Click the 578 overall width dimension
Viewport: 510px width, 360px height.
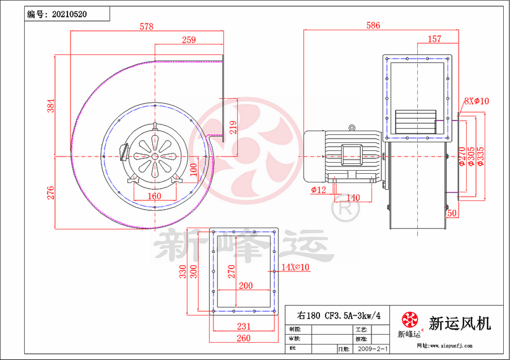[x=146, y=27]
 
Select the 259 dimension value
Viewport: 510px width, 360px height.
[x=189, y=40]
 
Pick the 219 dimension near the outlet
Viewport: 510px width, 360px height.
[x=233, y=127]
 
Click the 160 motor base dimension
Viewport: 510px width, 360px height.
[x=154, y=196]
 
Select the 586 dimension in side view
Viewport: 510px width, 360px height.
[x=373, y=26]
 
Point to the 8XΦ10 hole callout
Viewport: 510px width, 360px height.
[x=477, y=101]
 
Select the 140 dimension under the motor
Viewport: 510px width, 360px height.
[x=353, y=197]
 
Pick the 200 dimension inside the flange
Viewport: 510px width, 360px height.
[x=246, y=286]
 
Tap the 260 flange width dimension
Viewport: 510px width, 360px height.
[x=244, y=338]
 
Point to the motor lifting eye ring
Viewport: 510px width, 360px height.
[x=352, y=129]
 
